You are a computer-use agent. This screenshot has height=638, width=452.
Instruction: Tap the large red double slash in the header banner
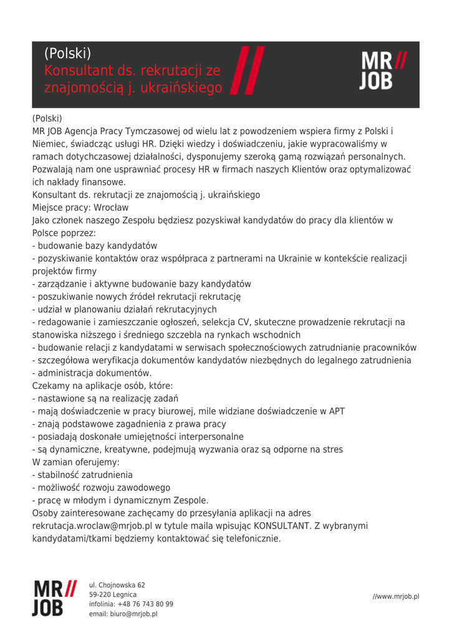(247, 70)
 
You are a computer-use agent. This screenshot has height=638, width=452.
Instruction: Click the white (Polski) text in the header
(68, 54)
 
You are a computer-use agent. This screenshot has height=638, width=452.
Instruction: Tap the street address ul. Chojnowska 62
(117, 585)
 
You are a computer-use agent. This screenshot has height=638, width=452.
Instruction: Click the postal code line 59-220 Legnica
(113, 594)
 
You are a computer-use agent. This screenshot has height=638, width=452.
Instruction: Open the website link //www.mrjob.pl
(396, 596)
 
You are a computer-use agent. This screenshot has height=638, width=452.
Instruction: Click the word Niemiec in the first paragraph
(49, 144)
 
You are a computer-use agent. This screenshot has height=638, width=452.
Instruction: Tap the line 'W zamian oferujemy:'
(75, 462)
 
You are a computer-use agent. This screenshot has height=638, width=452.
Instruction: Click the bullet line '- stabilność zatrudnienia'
(82, 475)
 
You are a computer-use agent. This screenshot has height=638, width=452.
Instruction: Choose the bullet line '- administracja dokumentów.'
(92, 373)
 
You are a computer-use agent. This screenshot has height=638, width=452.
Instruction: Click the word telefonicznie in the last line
(250, 538)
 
